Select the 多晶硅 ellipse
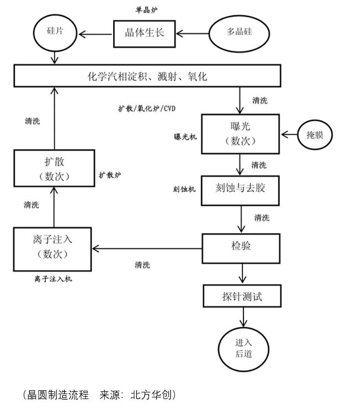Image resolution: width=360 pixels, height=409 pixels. pos(239,32)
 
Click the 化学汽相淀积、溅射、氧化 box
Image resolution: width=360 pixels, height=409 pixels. pos(147,76)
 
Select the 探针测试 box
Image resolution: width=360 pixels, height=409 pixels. pos(242,296)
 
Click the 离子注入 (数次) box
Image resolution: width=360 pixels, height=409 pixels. pos(52,248)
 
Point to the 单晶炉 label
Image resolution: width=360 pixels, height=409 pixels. pos(146,11)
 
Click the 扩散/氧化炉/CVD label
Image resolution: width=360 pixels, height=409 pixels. pos(146,108)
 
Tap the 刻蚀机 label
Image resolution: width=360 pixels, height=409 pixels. pos(184,189)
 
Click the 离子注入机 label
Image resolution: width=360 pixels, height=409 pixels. pos(52,279)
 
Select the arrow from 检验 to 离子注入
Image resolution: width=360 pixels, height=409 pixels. pos(147,249)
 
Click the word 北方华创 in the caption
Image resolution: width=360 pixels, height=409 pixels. pos(152,395)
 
